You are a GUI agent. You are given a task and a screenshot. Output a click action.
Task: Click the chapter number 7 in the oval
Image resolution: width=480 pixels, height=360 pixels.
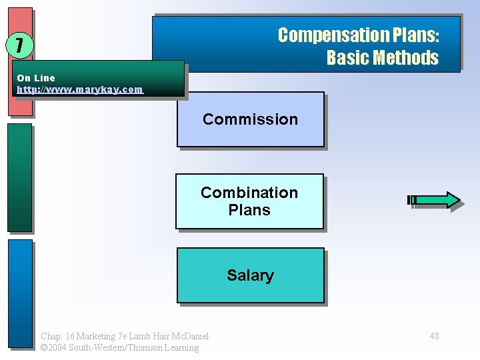pyautogui.click(x=20, y=45)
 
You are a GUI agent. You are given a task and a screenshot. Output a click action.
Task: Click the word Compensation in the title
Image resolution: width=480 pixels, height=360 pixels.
pyautogui.click(x=326, y=35)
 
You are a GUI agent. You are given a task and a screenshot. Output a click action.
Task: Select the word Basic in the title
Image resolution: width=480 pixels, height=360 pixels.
pyautogui.click(x=347, y=58)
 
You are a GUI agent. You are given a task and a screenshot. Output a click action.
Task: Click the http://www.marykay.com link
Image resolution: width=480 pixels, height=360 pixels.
pyautogui.click(x=79, y=89)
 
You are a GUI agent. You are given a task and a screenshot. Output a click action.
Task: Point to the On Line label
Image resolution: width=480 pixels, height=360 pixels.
pyautogui.click(x=36, y=78)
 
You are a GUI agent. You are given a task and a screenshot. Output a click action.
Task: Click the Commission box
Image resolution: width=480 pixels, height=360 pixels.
pyautogui.click(x=250, y=119)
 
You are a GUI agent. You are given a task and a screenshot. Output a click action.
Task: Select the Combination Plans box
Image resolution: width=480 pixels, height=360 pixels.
pyautogui.click(x=249, y=201)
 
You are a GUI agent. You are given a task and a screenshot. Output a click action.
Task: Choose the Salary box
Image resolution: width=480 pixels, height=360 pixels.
pyautogui.click(x=250, y=275)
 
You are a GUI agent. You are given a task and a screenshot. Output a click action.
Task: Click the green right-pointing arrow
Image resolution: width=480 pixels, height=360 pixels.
pyautogui.click(x=434, y=200)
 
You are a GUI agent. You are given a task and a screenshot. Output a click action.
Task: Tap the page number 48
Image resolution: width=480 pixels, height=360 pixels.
pyautogui.click(x=434, y=336)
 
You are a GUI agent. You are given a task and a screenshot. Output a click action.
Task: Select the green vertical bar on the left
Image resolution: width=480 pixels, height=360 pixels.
pyautogui.click(x=20, y=177)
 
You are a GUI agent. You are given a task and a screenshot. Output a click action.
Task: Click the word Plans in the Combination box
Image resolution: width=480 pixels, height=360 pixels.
pyautogui.click(x=249, y=210)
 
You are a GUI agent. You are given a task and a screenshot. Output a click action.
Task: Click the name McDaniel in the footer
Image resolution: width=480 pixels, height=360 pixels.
pyautogui.click(x=191, y=336)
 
